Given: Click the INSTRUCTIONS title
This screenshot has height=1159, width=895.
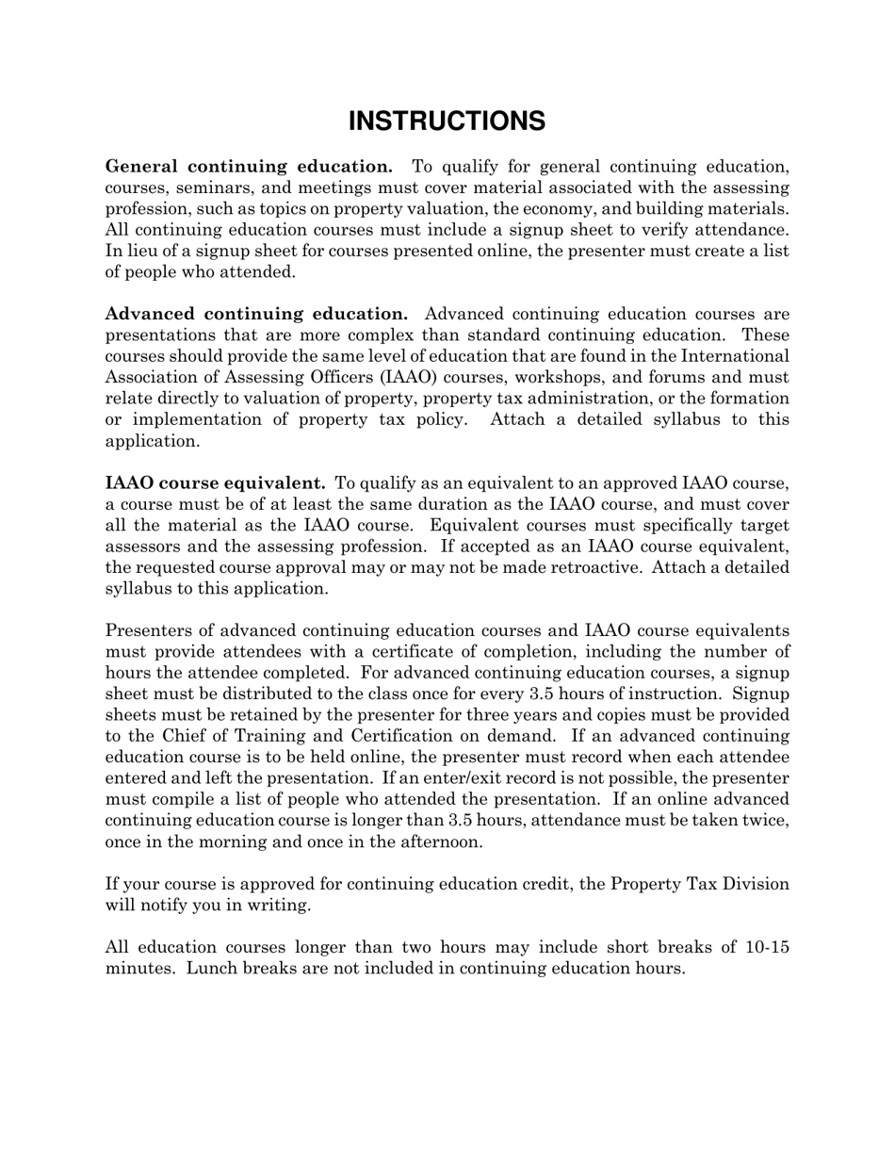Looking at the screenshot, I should (x=447, y=122).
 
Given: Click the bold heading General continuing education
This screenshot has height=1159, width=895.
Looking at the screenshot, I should (x=249, y=167).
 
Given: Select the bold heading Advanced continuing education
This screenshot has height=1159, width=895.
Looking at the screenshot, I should (x=256, y=314).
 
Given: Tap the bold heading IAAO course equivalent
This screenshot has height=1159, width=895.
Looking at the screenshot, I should (x=216, y=483).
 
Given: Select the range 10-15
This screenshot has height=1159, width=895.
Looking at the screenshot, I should (x=766, y=947).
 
